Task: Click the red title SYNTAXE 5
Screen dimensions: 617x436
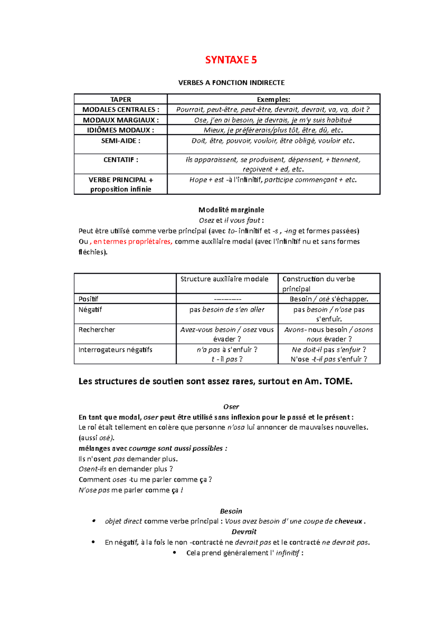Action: [x=231, y=60]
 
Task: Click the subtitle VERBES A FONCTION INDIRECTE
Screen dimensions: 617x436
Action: [x=231, y=83]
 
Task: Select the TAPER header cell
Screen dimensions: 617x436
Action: [x=121, y=100]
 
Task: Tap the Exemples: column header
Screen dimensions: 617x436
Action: [x=273, y=100]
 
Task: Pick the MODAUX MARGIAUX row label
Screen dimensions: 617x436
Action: [x=121, y=120]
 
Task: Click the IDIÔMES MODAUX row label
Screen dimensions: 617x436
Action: [x=121, y=130]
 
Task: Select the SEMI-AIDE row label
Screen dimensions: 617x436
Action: [x=121, y=141]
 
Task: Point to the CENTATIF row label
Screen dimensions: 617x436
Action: [x=121, y=160]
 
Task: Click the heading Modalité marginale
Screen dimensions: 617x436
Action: [x=231, y=210]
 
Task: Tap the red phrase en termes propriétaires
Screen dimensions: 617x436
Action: [x=133, y=242]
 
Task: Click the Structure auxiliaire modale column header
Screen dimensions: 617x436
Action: [x=224, y=279]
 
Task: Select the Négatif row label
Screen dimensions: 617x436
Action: [x=90, y=310]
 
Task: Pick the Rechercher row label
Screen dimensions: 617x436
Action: [x=97, y=330]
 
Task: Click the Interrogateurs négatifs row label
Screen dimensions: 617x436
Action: [x=115, y=350]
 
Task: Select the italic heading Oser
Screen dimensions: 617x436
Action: [x=231, y=407]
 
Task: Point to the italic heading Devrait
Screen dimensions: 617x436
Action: [x=244, y=532]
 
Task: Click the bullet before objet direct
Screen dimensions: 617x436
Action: [x=94, y=521]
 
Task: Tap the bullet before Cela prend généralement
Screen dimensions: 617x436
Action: [x=175, y=553]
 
